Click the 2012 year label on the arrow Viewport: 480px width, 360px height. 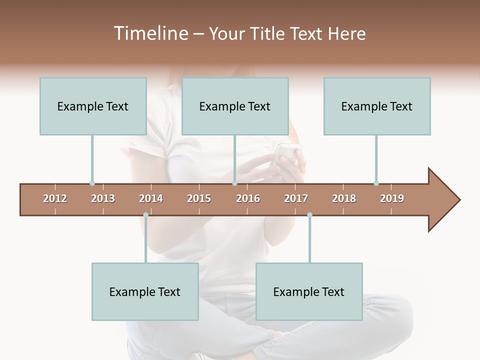(x=55, y=198)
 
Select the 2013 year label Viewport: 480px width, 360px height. (x=103, y=198)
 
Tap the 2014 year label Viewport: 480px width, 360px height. (x=151, y=198)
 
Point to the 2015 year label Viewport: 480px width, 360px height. (x=199, y=198)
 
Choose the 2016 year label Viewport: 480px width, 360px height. (x=248, y=198)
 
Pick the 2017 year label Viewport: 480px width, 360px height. (x=296, y=198)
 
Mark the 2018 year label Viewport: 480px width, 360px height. (x=344, y=198)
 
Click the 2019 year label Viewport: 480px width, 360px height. (x=392, y=198)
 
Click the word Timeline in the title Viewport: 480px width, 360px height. (x=150, y=33)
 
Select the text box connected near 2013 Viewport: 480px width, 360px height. (x=93, y=106)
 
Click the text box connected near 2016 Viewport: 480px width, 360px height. (x=235, y=106)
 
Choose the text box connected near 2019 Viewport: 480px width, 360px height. (x=377, y=106)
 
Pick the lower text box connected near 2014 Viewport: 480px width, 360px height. (x=145, y=291)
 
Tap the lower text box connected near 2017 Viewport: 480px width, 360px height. (x=309, y=291)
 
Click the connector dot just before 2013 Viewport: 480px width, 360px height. (x=92, y=183)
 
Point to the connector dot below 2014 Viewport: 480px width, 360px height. (x=145, y=215)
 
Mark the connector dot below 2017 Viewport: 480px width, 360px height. (x=309, y=215)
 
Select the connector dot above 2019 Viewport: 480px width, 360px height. (x=376, y=183)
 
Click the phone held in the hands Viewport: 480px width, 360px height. (x=285, y=152)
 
